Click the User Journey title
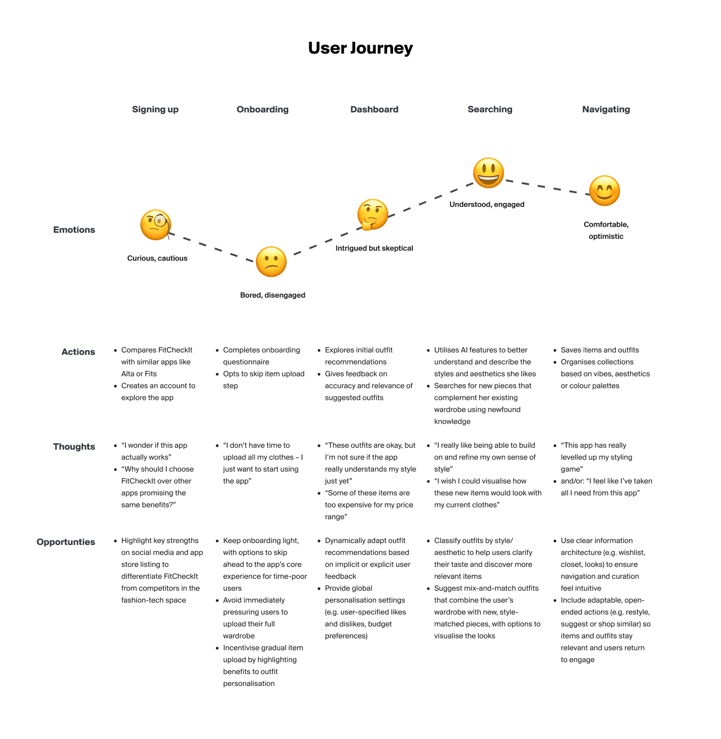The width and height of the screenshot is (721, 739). (360, 48)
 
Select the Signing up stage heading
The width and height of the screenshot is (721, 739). (155, 109)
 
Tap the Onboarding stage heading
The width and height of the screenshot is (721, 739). (262, 109)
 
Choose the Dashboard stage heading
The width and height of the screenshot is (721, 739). (374, 109)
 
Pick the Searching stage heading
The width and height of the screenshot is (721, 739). (490, 109)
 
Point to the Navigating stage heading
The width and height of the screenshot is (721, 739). (606, 109)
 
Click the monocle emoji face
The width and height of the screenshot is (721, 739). (156, 225)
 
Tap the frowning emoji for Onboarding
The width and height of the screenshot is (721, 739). (271, 262)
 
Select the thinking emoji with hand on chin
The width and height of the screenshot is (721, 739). (373, 215)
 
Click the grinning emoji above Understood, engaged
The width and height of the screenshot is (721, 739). (488, 173)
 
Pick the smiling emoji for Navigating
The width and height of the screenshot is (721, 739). (604, 191)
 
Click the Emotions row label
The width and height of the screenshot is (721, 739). (74, 230)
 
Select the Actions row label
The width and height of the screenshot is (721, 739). (78, 352)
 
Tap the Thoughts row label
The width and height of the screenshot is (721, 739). (74, 447)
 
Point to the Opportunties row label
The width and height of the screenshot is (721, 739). (66, 542)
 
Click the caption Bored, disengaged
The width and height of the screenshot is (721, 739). (272, 295)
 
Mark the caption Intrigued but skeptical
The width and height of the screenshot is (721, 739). (374, 248)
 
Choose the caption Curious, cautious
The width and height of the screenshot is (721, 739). (157, 258)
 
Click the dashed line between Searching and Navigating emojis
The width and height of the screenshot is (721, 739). (546, 187)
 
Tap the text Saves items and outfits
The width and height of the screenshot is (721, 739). (599, 350)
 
